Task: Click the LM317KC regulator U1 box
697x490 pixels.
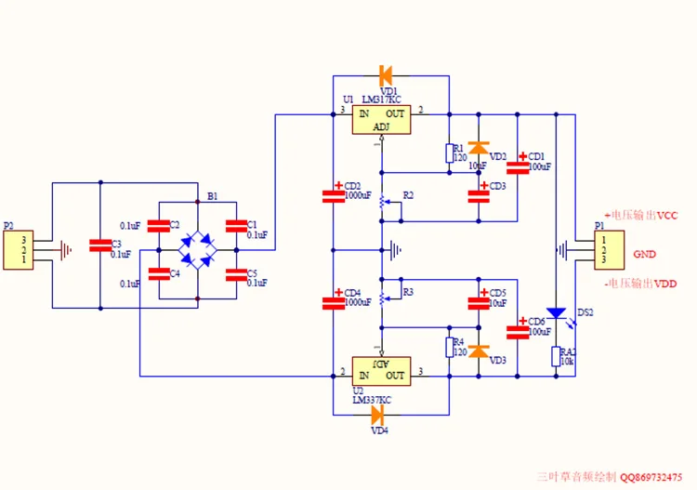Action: pyautogui.click(x=381, y=119)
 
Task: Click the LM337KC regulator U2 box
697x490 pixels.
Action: pyautogui.click(x=381, y=369)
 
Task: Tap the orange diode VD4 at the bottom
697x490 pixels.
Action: pyautogui.click(x=377, y=414)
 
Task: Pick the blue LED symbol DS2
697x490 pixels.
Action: pyautogui.click(x=556, y=314)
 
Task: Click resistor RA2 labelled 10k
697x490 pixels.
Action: pyautogui.click(x=556, y=357)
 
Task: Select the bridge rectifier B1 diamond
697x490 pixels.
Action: pyautogui.click(x=198, y=249)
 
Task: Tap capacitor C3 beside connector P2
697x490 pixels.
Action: pyautogui.click(x=99, y=245)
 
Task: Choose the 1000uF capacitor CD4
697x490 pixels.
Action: pyautogui.click(x=334, y=301)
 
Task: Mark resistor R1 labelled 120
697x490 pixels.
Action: pyautogui.click(x=448, y=152)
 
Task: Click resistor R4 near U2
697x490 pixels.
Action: pyautogui.click(x=448, y=346)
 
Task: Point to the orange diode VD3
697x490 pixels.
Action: pyautogui.click(x=478, y=351)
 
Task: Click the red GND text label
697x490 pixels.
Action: pyautogui.click(x=645, y=254)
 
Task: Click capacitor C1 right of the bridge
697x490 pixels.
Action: pyautogui.click(x=237, y=226)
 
